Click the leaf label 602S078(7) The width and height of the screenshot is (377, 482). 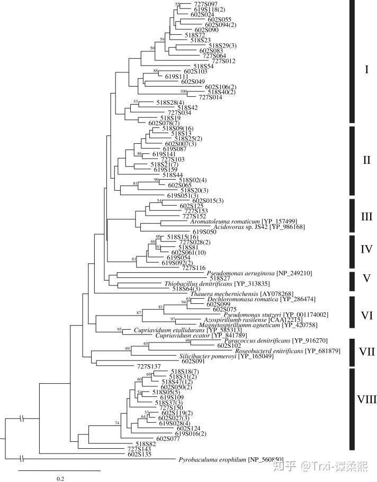coord(165,123)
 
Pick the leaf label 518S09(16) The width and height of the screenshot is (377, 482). coord(177,128)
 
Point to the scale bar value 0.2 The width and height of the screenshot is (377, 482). coord(60,478)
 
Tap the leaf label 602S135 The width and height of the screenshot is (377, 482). coord(139,453)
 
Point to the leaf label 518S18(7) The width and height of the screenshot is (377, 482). coord(185,372)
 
